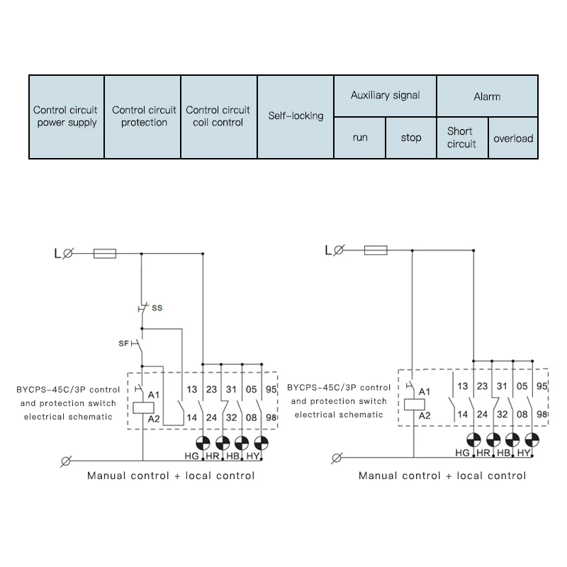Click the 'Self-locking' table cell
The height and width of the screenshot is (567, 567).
coord(296,116)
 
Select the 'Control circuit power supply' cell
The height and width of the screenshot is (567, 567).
coord(67,116)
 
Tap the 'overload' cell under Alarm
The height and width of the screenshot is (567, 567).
coord(512,137)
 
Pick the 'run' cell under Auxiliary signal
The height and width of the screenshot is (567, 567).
coord(360,137)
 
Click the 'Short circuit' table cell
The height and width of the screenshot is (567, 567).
coord(462,137)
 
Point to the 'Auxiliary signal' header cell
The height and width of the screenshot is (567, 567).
coord(385,96)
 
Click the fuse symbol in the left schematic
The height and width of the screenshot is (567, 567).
coord(105,254)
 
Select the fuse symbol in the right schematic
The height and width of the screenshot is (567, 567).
coord(376,250)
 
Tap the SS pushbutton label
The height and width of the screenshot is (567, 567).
coord(157,308)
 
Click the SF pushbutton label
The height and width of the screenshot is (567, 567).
coord(123,343)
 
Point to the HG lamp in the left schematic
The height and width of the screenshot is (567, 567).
coord(203,443)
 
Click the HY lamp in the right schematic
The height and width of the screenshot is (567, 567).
coord(532,440)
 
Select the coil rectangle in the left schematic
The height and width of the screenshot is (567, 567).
coord(144,408)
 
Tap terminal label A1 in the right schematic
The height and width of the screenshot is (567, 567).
coord(425,392)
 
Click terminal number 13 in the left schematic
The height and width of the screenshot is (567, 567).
coord(191,389)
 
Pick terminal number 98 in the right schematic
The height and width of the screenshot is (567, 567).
coord(542,414)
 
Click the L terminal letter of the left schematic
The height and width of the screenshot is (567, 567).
coord(57,254)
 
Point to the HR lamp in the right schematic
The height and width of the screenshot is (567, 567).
coord(493,440)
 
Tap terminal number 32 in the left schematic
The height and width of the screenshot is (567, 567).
coord(232,417)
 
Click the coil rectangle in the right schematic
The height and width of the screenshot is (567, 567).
coord(415,405)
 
